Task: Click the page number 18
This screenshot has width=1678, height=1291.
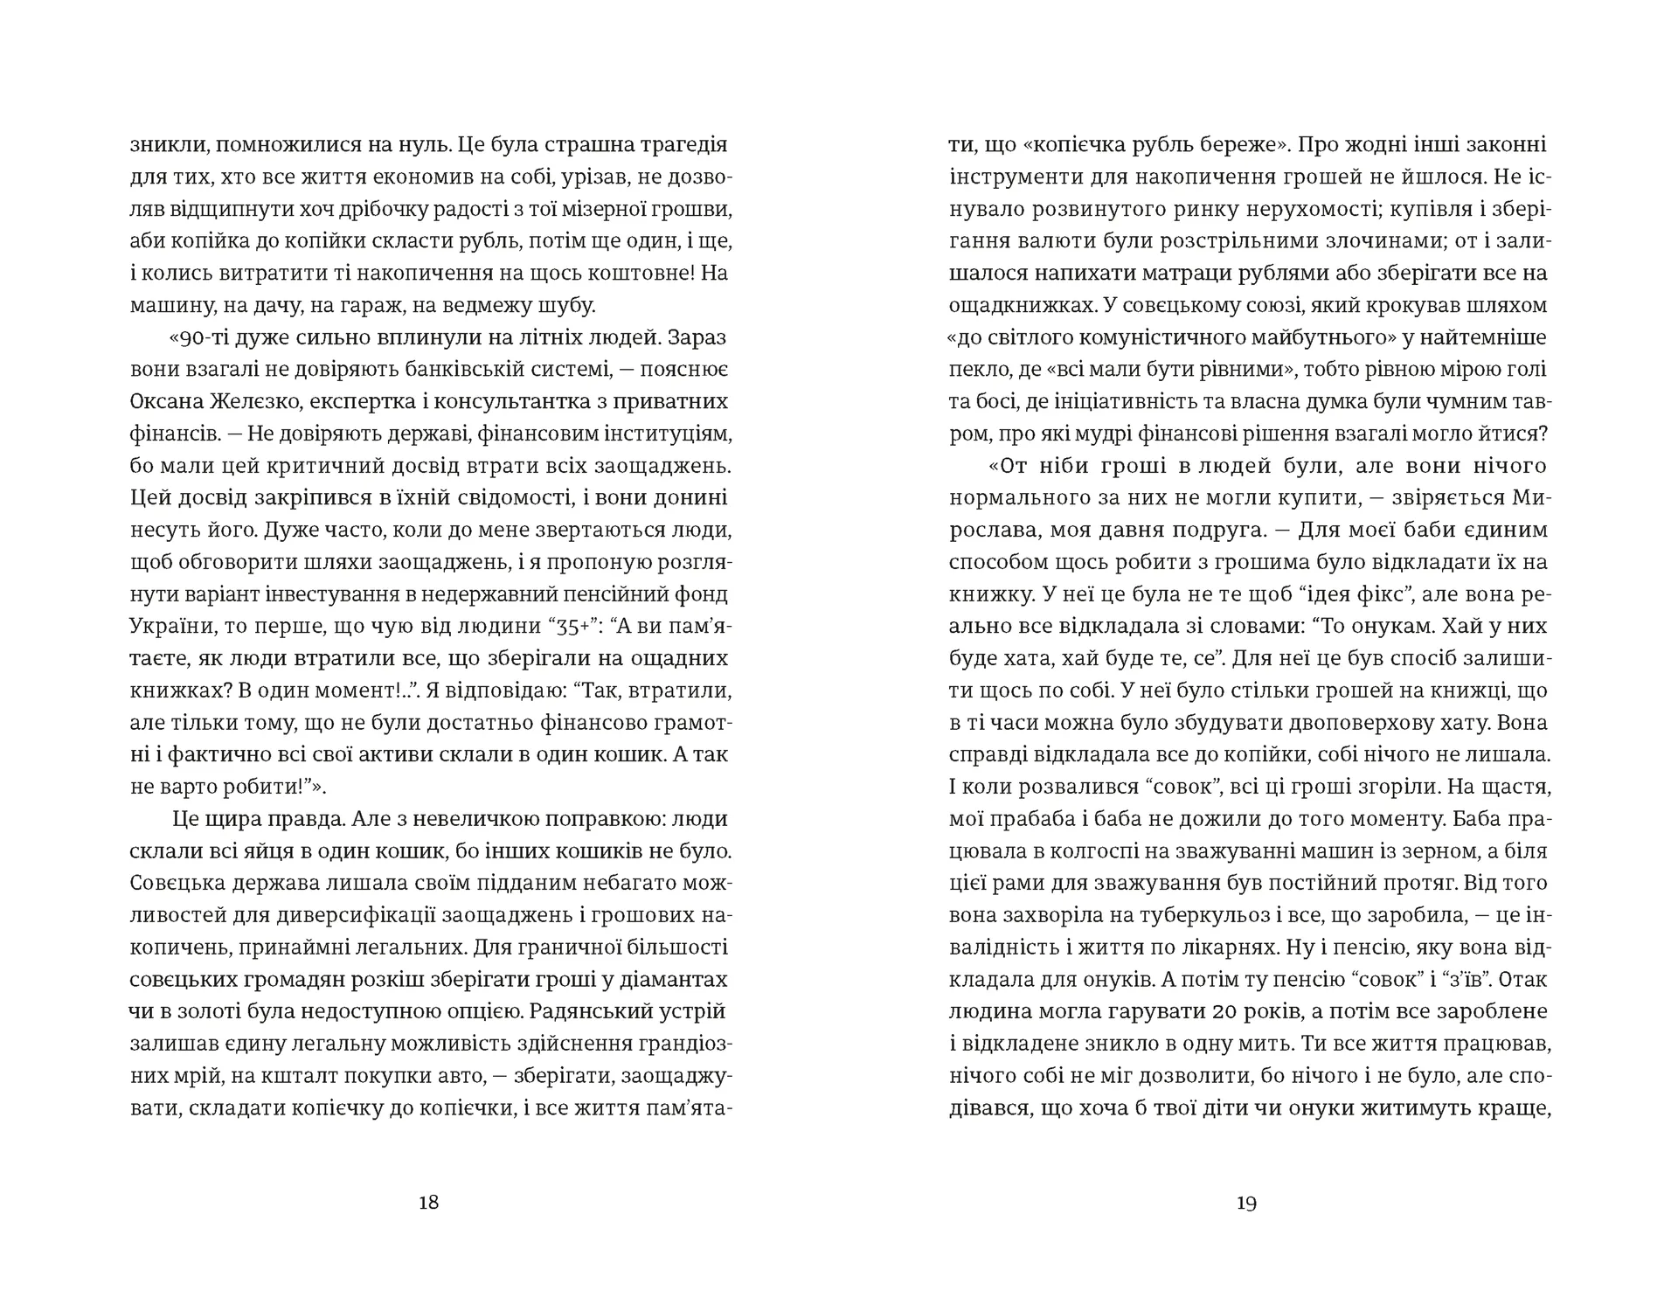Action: (x=428, y=1202)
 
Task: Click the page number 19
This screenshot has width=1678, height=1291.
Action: (x=1246, y=1203)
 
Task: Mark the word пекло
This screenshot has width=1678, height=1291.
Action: (x=976, y=369)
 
